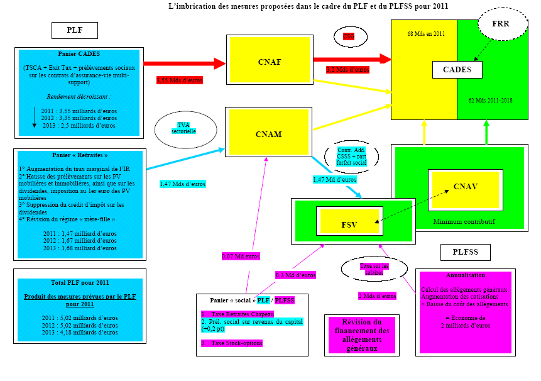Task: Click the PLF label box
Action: coord(74,30)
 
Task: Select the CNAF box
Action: coord(270,62)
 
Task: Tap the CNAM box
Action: coord(270,134)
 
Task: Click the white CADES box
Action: coord(457,70)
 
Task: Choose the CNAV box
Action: coord(465,187)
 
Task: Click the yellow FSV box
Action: coord(349,223)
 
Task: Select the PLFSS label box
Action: coord(465,253)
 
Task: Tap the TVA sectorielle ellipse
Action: coord(183,129)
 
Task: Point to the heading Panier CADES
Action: coord(79,54)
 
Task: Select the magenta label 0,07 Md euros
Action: coord(241,257)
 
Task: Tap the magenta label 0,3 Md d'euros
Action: coord(295,275)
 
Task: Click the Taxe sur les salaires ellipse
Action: coord(374,268)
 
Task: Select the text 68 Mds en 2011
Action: coord(425,34)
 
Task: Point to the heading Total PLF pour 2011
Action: coord(79,283)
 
